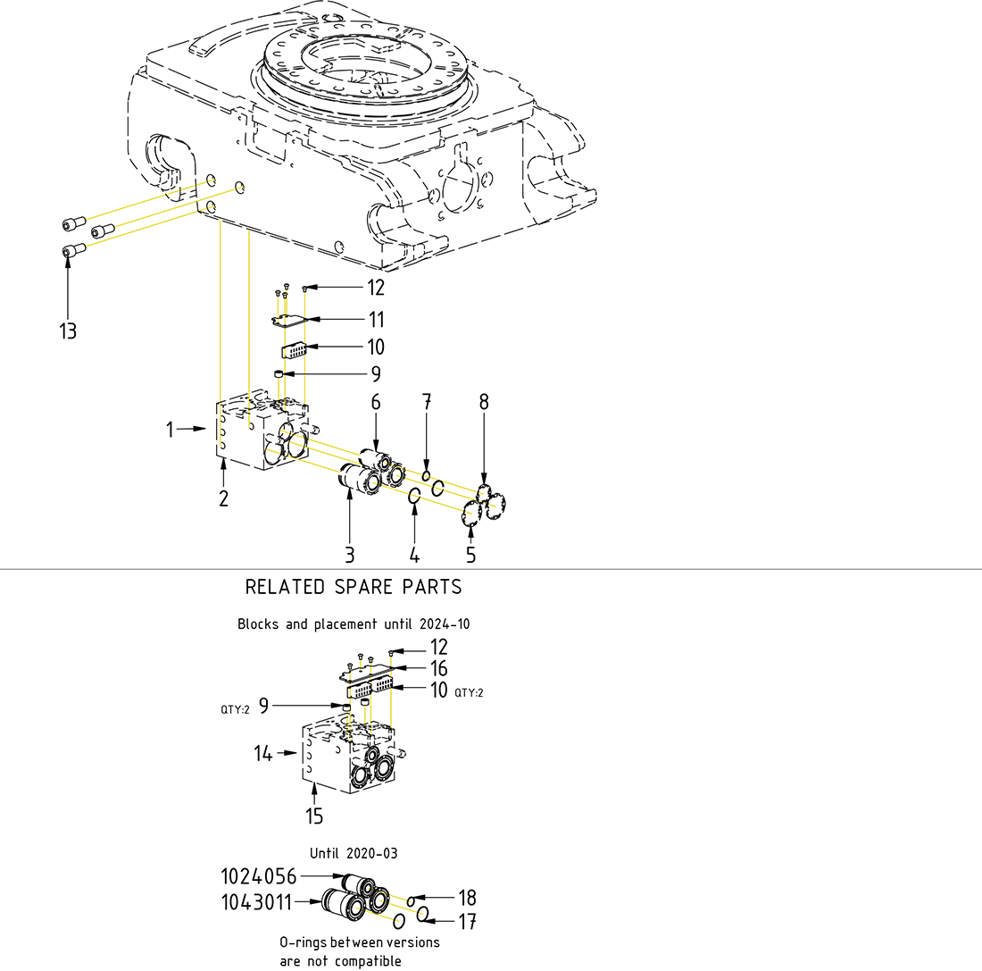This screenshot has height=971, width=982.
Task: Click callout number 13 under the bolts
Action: pos(68,331)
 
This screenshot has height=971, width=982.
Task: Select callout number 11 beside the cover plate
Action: pos(376,319)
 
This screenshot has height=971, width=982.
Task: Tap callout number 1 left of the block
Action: pos(170,430)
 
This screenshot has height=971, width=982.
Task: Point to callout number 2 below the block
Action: pos(223,498)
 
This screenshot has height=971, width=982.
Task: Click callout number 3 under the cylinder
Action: pos(350,555)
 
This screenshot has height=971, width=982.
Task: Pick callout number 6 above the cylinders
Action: pos(376,402)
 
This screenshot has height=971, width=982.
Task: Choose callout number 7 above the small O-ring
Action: pos(427,402)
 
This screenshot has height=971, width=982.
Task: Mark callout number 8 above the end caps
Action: pos(484,402)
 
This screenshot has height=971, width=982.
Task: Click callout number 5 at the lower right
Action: pos(470,555)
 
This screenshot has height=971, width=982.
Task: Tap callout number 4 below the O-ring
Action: pos(414,555)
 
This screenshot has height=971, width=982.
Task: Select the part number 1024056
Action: pos(258,876)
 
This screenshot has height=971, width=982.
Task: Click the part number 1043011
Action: pos(256,902)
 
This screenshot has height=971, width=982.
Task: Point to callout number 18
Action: pos(467,897)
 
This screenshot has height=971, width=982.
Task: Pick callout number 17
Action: pos(467,920)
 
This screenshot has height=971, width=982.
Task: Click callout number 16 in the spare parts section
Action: pos(438,668)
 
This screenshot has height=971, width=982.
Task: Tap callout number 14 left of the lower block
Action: pos(262,754)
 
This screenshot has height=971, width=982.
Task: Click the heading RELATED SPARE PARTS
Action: pos(354,587)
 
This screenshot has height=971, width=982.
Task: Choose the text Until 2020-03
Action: pos(354,853)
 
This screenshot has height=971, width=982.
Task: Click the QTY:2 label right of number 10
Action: pos(470,692)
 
